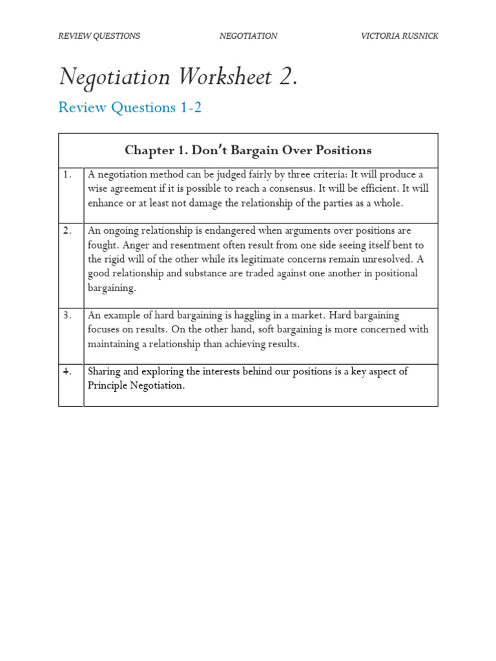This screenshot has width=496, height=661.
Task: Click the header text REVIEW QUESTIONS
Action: tap(99, 36)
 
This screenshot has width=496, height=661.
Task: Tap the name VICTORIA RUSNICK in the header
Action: tap(399, 36)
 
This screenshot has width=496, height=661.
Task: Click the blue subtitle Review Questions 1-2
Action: tap(130, 108)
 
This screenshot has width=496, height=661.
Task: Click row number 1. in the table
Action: tap(67, 174)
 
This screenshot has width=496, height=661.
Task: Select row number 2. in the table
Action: tap(67, 230)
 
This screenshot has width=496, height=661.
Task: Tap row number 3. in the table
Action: tap(67, 315)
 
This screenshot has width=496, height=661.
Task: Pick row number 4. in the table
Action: tap(67, 371)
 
